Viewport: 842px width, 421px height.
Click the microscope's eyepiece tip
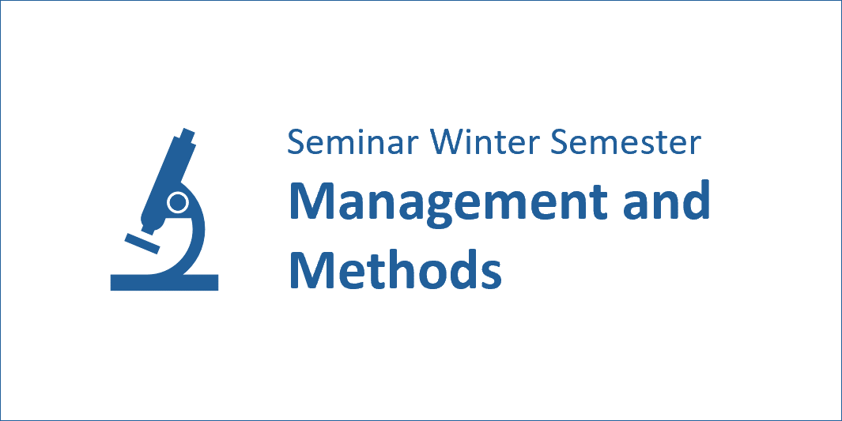pos(188,133)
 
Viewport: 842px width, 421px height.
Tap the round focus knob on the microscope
pos(177,203)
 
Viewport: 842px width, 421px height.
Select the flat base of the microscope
pos(164,283)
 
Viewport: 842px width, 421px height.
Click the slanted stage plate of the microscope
pos(142,243)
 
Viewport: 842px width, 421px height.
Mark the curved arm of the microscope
pos(196,236)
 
